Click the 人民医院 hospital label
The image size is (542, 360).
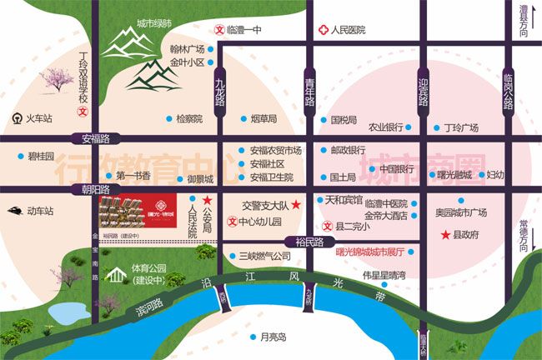(x=349, y=31)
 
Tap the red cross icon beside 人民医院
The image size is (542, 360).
(x=323, y=31)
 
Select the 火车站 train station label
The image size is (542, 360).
(x=38, y=118)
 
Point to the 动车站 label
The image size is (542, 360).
(x=38, y=211)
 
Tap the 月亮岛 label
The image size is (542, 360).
(x=273, y=337)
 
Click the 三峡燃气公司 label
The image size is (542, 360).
(x=264, y=256)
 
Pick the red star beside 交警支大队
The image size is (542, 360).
(x=295, y=203)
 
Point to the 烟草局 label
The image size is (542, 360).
(x=264, y=119)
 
